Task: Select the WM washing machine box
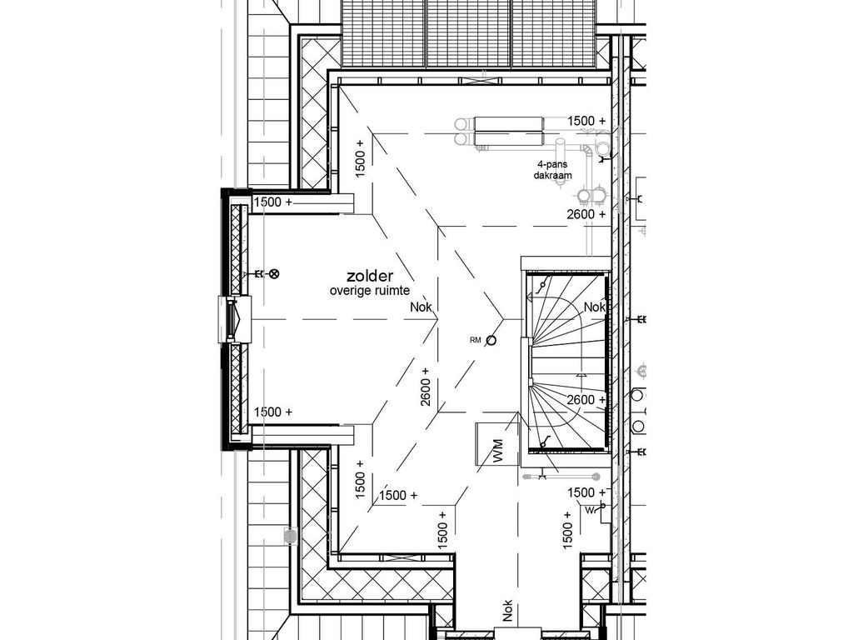[496, 445]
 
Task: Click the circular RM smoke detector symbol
[491, 340]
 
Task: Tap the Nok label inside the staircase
[594, 307]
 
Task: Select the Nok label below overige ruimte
[422, 307]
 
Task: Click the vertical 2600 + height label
[426, 387]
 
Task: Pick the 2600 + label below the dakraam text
[586, 214]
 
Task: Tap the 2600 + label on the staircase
[586, 400]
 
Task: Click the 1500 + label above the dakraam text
[586, 121]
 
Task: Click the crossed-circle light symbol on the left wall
[274, 273]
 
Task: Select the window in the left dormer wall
[232, 319]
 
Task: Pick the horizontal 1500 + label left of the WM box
[398, 495]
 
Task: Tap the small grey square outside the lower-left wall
[289, 536]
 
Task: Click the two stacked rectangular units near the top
[506, 131]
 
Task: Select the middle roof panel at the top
[468, 33]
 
